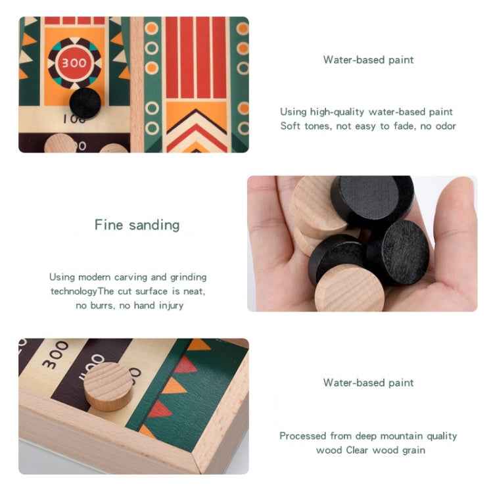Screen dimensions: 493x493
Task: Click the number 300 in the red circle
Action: (74, 63)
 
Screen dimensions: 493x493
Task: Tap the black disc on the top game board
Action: (85, 103)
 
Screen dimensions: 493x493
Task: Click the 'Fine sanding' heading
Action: (137, 225)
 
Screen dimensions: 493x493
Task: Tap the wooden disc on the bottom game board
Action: (108, 386)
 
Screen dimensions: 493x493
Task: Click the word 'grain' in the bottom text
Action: (411, 450)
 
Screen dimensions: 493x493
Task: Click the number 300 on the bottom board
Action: (55, 355)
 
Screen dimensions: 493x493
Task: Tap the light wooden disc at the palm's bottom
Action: (350, 289)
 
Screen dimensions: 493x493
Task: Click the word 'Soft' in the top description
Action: (291, 126)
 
